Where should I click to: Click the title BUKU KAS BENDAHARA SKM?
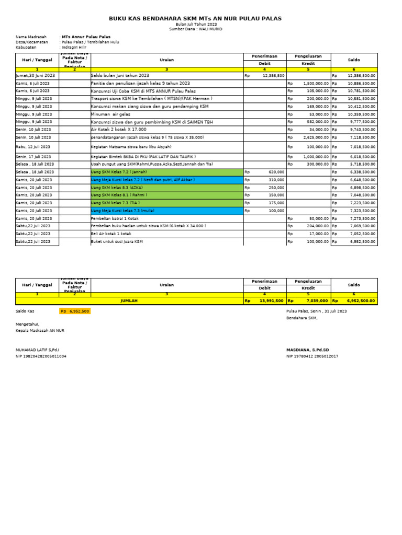click(195, 19)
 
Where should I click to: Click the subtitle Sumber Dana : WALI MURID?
click(195, 29)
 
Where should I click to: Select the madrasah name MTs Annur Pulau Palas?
click(86, 37)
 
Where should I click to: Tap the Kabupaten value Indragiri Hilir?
click(74, 47)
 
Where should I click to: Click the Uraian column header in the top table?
click(166, 60)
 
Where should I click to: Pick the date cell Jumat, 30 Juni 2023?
click(35, 76)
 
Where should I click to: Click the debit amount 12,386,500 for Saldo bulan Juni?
click(273, 76)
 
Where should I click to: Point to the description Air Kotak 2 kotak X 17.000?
click(118, 130)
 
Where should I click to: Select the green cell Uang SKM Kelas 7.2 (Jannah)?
click(119, 172)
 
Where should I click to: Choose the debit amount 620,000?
click(276, 172)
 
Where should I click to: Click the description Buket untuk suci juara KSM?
click(117, 242)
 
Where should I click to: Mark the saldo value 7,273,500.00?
click(361, 218)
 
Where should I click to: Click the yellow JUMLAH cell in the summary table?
click(129, 301)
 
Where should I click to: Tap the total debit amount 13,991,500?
click(271, 301)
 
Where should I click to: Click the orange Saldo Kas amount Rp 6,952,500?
click(75, 311)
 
